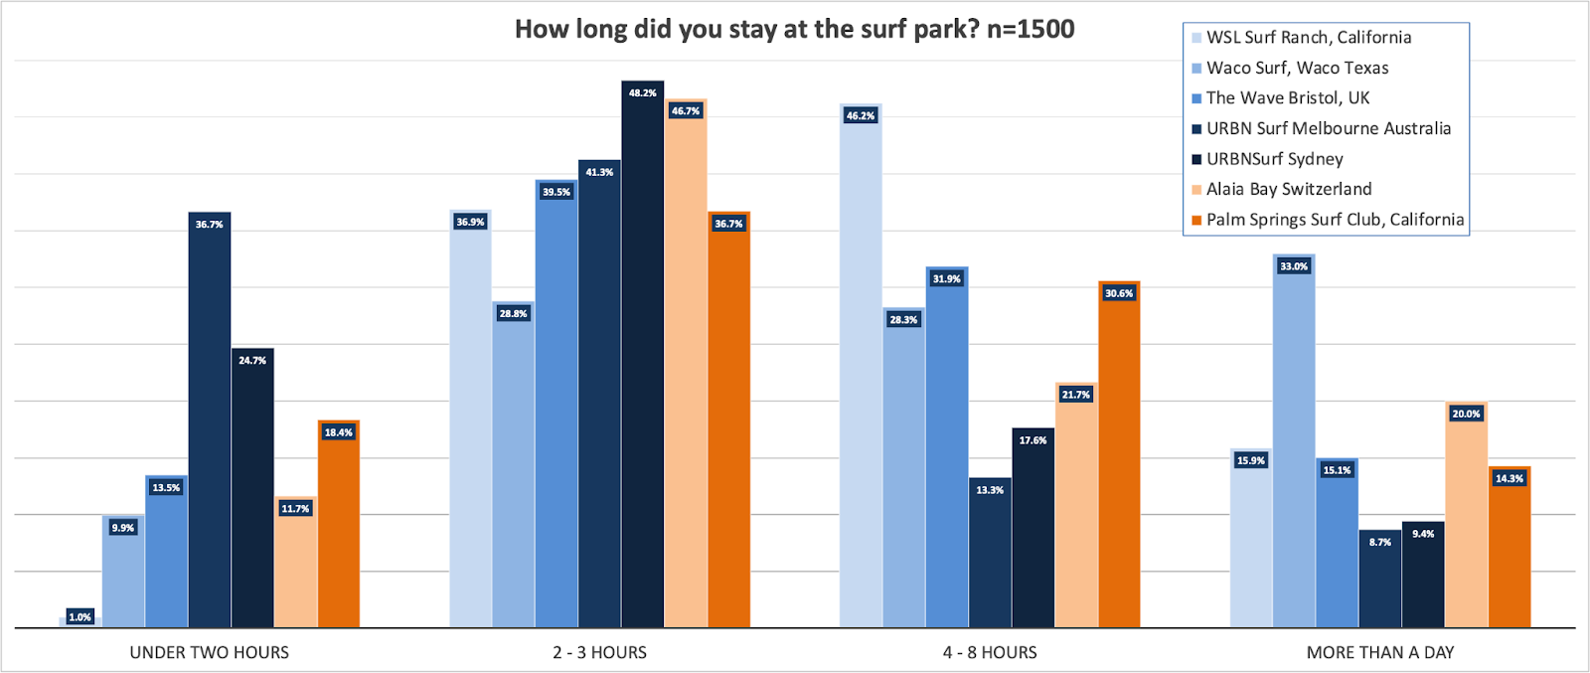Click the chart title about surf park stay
[794, 29]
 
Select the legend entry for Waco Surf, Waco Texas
[1297, 68]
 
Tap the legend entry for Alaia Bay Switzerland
[1289, 189]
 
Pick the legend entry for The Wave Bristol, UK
[1288, 97]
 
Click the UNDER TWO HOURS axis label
[210, 652]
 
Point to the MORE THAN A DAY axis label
[1379, 652]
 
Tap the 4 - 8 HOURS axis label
[990, 652]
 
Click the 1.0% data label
[79, 617]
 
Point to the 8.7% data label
[1380, 542]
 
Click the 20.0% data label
[1466, 414]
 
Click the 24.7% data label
[252, 360]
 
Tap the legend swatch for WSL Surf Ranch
[1196, 38]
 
